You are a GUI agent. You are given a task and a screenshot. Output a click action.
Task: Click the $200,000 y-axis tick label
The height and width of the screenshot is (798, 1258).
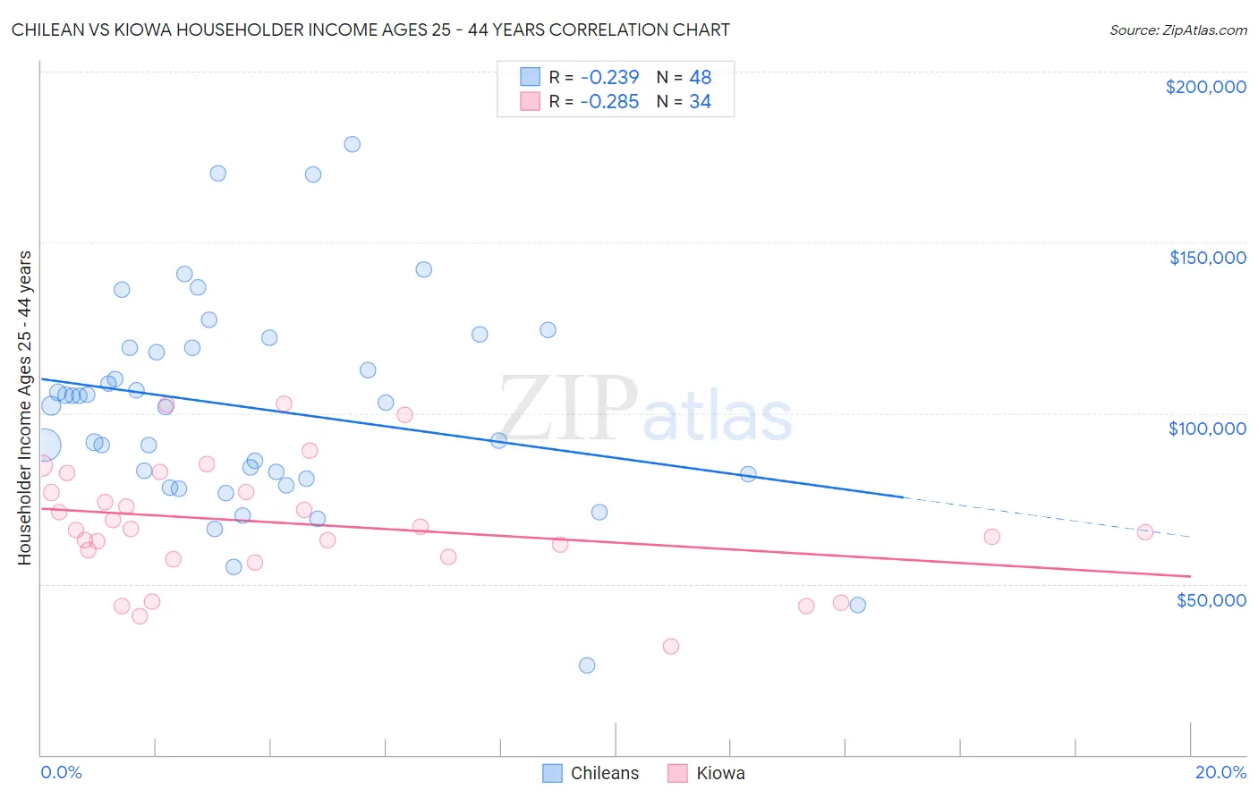[x=1205, y=87]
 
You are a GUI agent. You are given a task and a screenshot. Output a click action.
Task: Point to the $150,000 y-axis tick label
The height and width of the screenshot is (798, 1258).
[x=1207, y=258]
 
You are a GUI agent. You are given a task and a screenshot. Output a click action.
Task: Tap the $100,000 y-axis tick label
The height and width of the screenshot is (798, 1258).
[x=1207, y=429]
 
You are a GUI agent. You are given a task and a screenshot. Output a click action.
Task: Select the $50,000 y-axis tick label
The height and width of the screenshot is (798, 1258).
[x=1211, y=600]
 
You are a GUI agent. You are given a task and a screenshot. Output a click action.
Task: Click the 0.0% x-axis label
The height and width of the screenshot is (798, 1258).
[x=61, y=772]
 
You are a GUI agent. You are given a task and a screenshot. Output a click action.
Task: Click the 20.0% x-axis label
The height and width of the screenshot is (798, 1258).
[x=1220, y=772]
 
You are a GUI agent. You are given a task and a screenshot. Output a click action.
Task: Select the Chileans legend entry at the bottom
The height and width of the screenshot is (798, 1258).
[x=591, y=773]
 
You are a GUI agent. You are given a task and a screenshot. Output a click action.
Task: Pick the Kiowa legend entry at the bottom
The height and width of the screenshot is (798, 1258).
[x=707, y=773]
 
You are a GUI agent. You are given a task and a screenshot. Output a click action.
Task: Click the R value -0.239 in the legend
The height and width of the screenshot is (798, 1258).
[x=609, y=77]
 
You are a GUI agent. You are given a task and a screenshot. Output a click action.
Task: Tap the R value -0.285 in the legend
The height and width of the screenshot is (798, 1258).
[x=609, y=102]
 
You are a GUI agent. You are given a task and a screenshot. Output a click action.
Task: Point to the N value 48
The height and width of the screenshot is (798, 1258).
[x=700, y=77]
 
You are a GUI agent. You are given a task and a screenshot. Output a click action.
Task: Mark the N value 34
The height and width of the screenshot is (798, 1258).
[x=700, y=102]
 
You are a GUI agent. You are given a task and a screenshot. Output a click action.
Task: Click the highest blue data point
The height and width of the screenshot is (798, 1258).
[x=353, y=144]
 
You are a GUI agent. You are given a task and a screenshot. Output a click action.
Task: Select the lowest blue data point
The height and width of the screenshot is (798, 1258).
[x=587, y=665]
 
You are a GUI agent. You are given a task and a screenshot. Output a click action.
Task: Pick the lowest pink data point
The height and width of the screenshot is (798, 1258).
[x=671, y=646]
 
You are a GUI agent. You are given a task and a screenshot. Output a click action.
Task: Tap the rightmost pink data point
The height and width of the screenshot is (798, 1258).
[x=1144, y=532]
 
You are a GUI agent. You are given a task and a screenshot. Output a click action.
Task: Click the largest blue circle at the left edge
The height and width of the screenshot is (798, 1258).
[x=44, y=445]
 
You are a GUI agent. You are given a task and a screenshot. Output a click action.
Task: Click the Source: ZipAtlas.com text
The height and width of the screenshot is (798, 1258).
[x=1177, y=30]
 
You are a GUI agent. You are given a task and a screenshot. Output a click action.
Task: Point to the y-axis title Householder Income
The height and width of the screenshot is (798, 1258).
[x=25, y=408]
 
